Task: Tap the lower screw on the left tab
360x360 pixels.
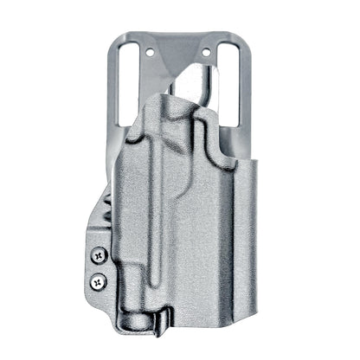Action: [99, 280]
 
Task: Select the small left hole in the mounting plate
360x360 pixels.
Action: [150, 51]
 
